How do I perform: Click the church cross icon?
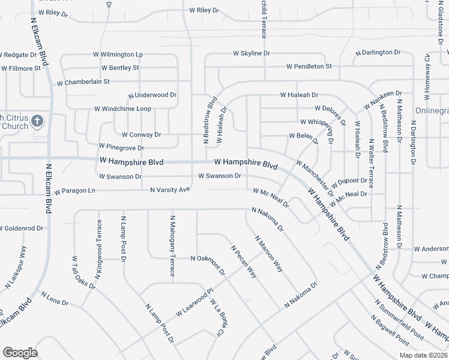[x=37, y=121]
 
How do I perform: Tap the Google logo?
[x=20, y=353]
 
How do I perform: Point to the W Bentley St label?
[x=120, y=68]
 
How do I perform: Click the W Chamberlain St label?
[x=83, y=82]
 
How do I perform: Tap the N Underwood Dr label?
[x=152, y=95]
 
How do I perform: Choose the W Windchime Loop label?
[x=122, y=109]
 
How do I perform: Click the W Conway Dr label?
[x=141, y=135]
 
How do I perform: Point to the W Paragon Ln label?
[x=74, y=191]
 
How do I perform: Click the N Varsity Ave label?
[x=170, y=190]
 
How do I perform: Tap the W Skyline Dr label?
[x=256, y=53]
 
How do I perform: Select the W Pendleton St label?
[x=309, y=66]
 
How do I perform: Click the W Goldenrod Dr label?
[x=22, y=229]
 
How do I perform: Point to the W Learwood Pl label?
[x=194, y=304]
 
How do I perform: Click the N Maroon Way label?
[x=268, y=254]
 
